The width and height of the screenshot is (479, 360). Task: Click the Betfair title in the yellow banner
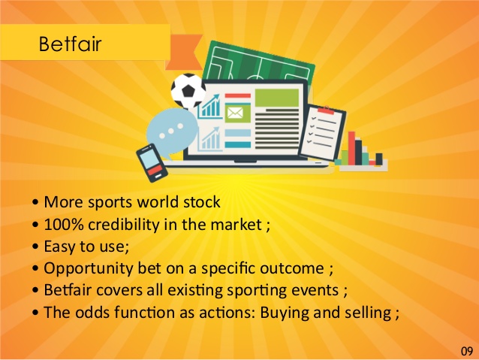[70, 44]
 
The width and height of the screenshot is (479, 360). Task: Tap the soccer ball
[188, 90]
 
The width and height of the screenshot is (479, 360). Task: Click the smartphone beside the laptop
[152, 163]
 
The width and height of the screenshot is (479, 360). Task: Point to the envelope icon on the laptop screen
[235, 113]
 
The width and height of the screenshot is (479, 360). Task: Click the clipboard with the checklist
[322, 132]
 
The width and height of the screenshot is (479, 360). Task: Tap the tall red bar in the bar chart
[352, 148]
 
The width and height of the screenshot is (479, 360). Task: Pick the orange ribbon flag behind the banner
[184, 52]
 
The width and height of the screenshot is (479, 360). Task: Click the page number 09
[467, 351]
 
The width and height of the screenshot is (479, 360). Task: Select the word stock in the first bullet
[202, 202]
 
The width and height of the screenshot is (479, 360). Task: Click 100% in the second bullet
[64, 224]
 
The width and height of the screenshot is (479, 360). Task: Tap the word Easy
[61, 247]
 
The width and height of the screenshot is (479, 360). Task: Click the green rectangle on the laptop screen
[277, 98]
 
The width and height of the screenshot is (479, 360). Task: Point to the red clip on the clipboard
[326, 110]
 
